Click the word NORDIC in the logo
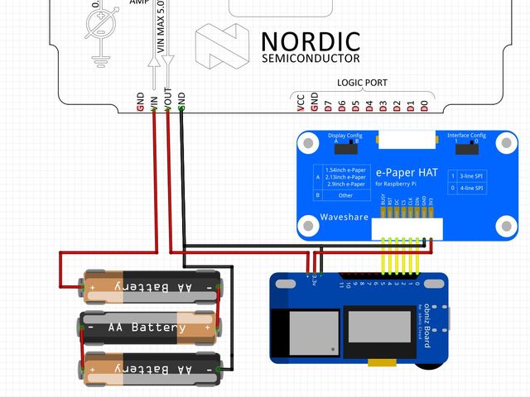click(311, 41)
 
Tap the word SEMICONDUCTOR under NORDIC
click(311, 59)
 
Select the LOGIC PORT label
click(362, 83)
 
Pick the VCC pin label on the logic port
click(301, 102)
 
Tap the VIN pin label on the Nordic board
click(153, 102)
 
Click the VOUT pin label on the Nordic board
click(167, 99)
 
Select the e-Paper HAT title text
click(407, 172)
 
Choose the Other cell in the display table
click(345, 195)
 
